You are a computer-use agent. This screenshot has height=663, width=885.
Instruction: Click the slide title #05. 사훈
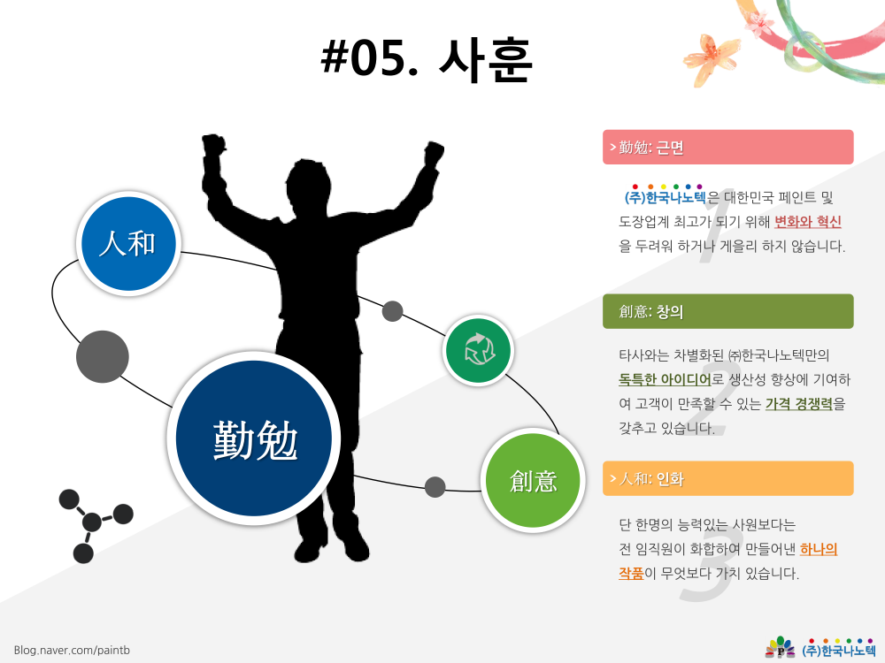click(x=427, y=58)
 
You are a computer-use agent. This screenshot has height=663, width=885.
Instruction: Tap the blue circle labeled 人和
click(x=128, y=244)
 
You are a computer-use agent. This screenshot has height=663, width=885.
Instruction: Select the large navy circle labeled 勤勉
click(x=254, y=438)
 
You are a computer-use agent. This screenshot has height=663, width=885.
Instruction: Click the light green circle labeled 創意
click(x=533, y=480)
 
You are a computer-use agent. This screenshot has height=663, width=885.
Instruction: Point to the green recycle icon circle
click(x=478, y=350)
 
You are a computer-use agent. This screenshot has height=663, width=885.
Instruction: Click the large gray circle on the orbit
click(x=102, y=357)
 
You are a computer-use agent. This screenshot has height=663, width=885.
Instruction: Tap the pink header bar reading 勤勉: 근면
click(x=727, y=147)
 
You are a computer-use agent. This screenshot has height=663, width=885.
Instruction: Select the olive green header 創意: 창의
click(x=727, y=311)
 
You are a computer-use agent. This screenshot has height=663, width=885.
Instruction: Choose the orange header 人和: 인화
click(x=727, y=478)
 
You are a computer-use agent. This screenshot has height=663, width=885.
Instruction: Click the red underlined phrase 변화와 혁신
click(x=808, y=222)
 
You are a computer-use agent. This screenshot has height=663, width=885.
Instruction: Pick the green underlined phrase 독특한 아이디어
click(x=665, y=379)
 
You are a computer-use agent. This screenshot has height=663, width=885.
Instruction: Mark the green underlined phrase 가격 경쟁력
click(x=798, y=404)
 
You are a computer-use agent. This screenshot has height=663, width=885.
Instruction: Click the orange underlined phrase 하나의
click(x=819, y=549)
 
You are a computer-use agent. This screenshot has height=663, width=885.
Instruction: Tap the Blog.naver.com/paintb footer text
click(x=72, y=650)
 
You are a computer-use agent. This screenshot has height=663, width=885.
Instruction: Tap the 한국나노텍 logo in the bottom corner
click(x=820, y=648)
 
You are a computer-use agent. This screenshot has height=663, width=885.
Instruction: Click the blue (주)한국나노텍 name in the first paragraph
click(x=665, y=197)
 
